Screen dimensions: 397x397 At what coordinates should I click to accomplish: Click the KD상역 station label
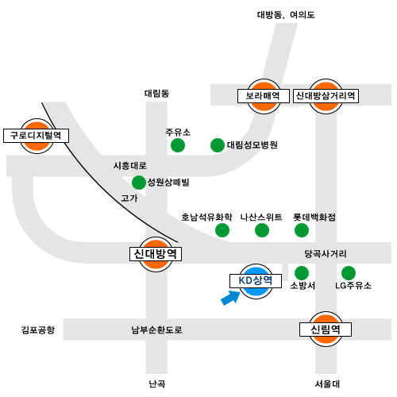(256, 280)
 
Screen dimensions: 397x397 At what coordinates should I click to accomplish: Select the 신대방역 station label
(156, 254)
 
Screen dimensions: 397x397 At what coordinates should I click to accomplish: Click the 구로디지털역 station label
(36, 136)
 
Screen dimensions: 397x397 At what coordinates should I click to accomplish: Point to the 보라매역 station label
(264, 96)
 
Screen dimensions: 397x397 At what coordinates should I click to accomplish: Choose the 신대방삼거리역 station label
(326, 96)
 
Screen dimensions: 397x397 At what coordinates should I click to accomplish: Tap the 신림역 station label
(326, 330)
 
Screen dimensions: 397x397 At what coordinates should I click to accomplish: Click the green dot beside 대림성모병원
(218, 145)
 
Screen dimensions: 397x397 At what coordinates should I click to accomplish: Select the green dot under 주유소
(178, 145)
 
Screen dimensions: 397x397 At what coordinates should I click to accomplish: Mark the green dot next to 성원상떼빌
(139, 183)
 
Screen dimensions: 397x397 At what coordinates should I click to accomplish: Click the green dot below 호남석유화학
(222, 230)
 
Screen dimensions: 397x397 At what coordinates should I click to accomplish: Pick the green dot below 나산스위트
(262, 230)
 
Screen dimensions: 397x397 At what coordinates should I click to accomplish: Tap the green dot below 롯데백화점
(302, 230)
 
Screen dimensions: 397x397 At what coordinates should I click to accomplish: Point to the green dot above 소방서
(302, 273)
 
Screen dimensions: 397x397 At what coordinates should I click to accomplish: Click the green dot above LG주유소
(349, 273)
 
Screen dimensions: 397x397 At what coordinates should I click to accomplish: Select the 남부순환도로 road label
(157, 330)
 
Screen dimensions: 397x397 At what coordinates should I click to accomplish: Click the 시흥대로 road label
(130, 166)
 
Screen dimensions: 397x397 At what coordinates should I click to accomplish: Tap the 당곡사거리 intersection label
(326, 254)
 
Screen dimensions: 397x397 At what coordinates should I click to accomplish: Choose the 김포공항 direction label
(38, 330)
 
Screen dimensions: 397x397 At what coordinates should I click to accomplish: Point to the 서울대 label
(327, 384)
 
